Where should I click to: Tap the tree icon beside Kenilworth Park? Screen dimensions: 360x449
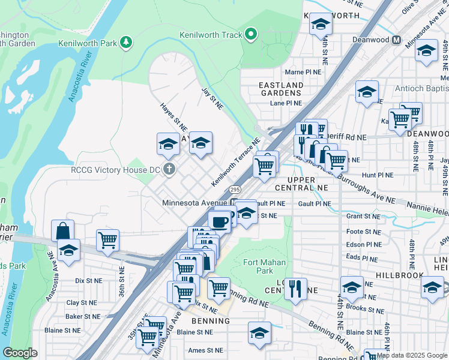pyautogui.click(x=125, y=42)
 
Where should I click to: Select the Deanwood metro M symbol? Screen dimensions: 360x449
pyautogui.click(x=396, y=40)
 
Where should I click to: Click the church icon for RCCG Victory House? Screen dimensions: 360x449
pyautogui.click(x=169, y=169)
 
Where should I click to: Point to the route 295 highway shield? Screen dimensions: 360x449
pyautogui.click(x=235, y=189)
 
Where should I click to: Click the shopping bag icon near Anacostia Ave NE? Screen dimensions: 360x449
pyautogui.click(x=64, y=230)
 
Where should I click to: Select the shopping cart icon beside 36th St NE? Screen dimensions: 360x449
pyautogui.click(x=108, y=239)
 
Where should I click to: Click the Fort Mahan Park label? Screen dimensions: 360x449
pyautogui.click(x=264, y=266)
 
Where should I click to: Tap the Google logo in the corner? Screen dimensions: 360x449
pyautogui.click(x=20, y=352)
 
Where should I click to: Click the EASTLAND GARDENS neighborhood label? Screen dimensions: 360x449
pyautogui.click(x=280, y=89)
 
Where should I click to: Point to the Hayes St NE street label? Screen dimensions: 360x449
pyautogui.click(x=173, y=117)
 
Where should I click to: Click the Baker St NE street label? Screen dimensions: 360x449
pyautogui.click(x=83, y=316)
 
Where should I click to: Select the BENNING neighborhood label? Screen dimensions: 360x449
pyautogui.click(x=211, y=321)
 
